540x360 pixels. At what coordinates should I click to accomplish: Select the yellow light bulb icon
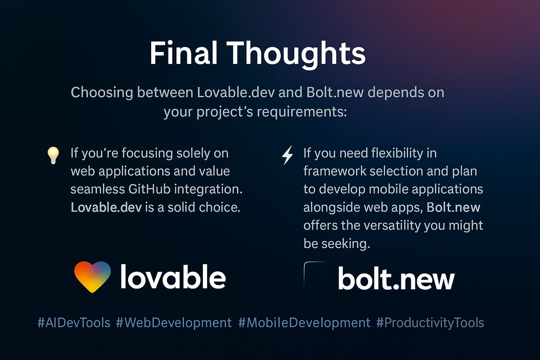(53, 155)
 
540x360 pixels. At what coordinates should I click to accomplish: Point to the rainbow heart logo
(92, 277)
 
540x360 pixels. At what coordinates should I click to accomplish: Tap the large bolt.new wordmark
(396, 279)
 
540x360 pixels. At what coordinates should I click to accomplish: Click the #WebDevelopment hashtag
(174, 323)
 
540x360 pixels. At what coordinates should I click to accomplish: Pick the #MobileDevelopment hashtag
(304, 323)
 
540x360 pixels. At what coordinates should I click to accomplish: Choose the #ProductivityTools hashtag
(430, 323)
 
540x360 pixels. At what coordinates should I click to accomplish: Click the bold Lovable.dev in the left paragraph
(102, 207)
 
